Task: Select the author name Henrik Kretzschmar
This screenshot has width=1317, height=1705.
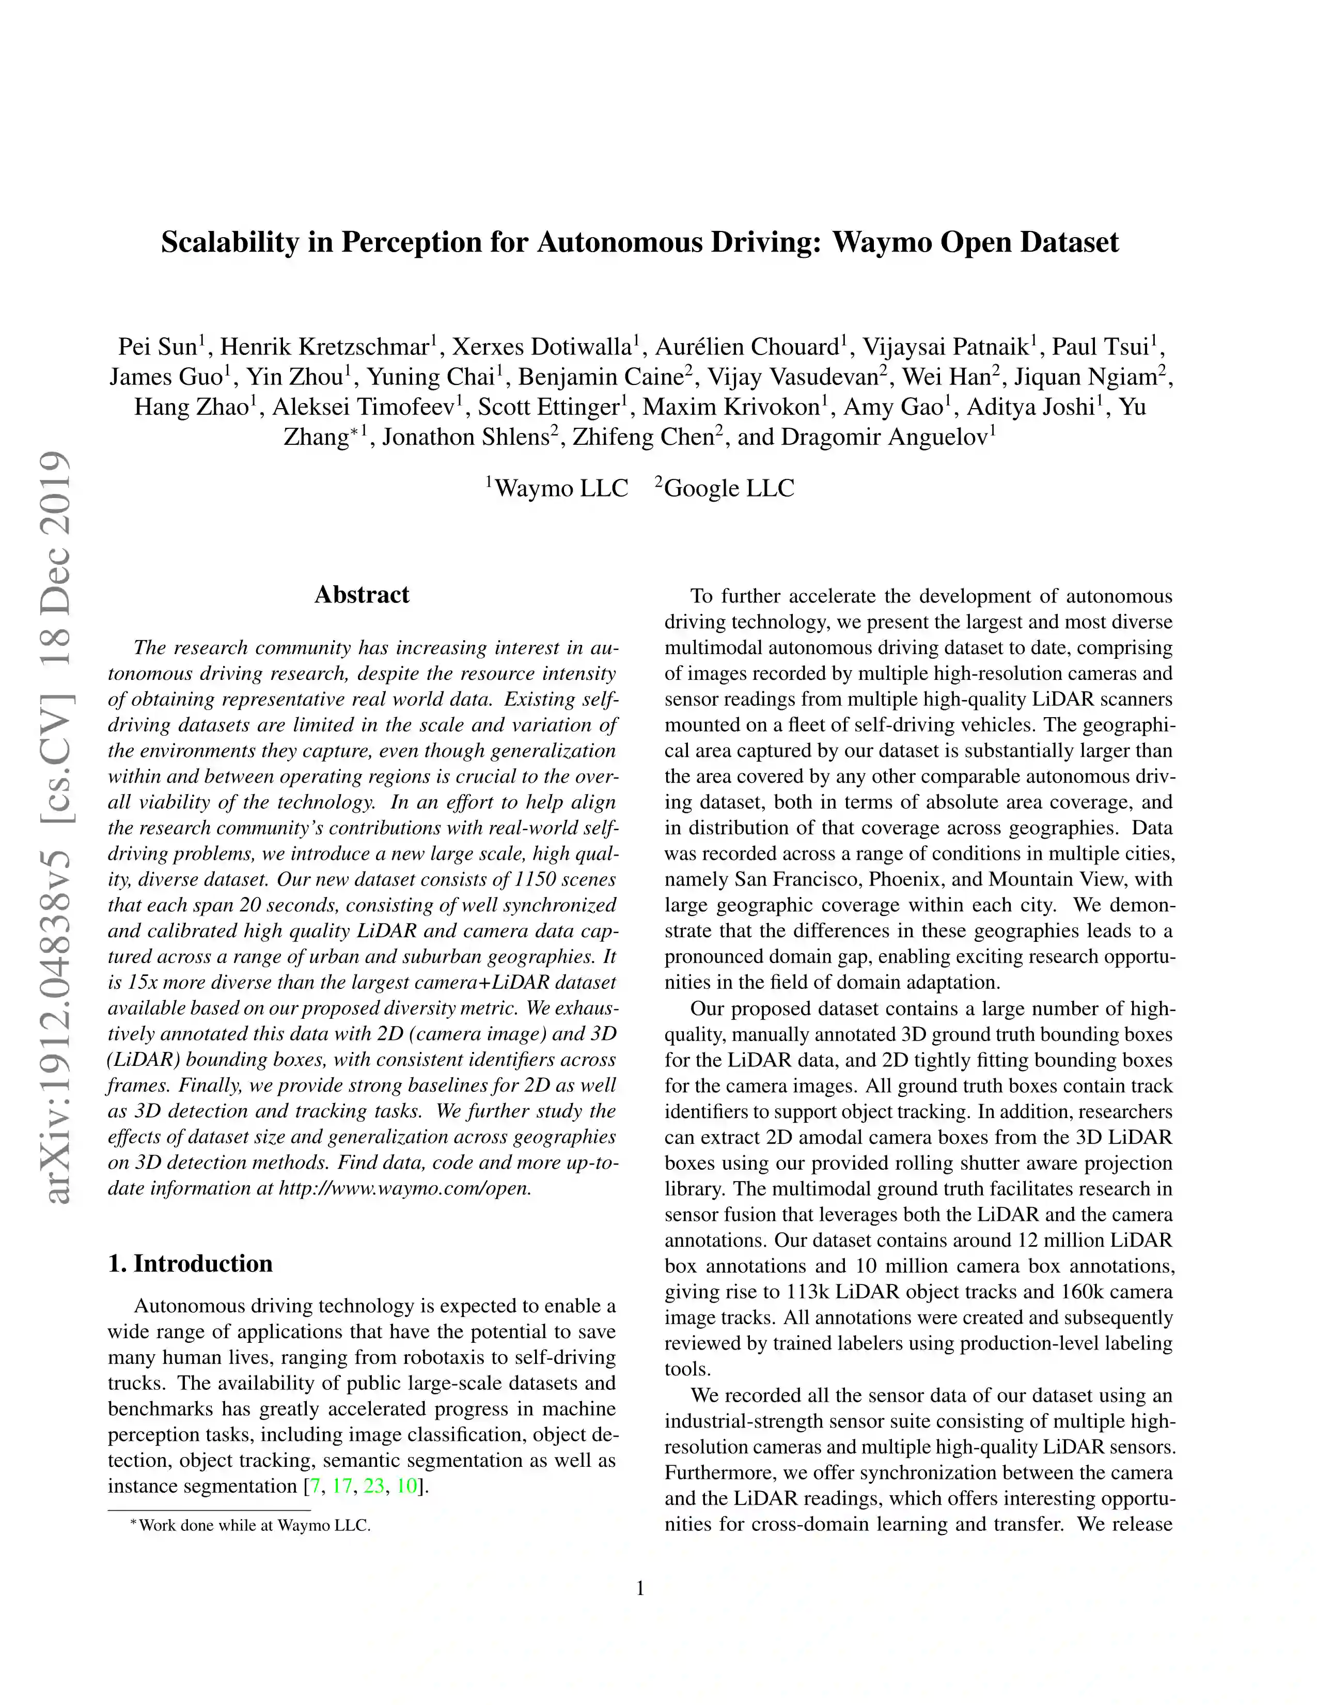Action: point(324,347)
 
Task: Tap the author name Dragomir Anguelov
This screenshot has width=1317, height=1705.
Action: point(884,437)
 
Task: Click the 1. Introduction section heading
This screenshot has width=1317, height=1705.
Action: point(191,1263)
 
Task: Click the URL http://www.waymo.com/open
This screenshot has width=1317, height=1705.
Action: point(404,1188)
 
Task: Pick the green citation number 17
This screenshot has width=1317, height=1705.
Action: point(342,1485)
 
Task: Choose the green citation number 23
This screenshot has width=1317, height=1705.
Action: point(374,1485)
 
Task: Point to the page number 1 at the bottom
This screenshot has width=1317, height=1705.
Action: point(640,1589)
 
